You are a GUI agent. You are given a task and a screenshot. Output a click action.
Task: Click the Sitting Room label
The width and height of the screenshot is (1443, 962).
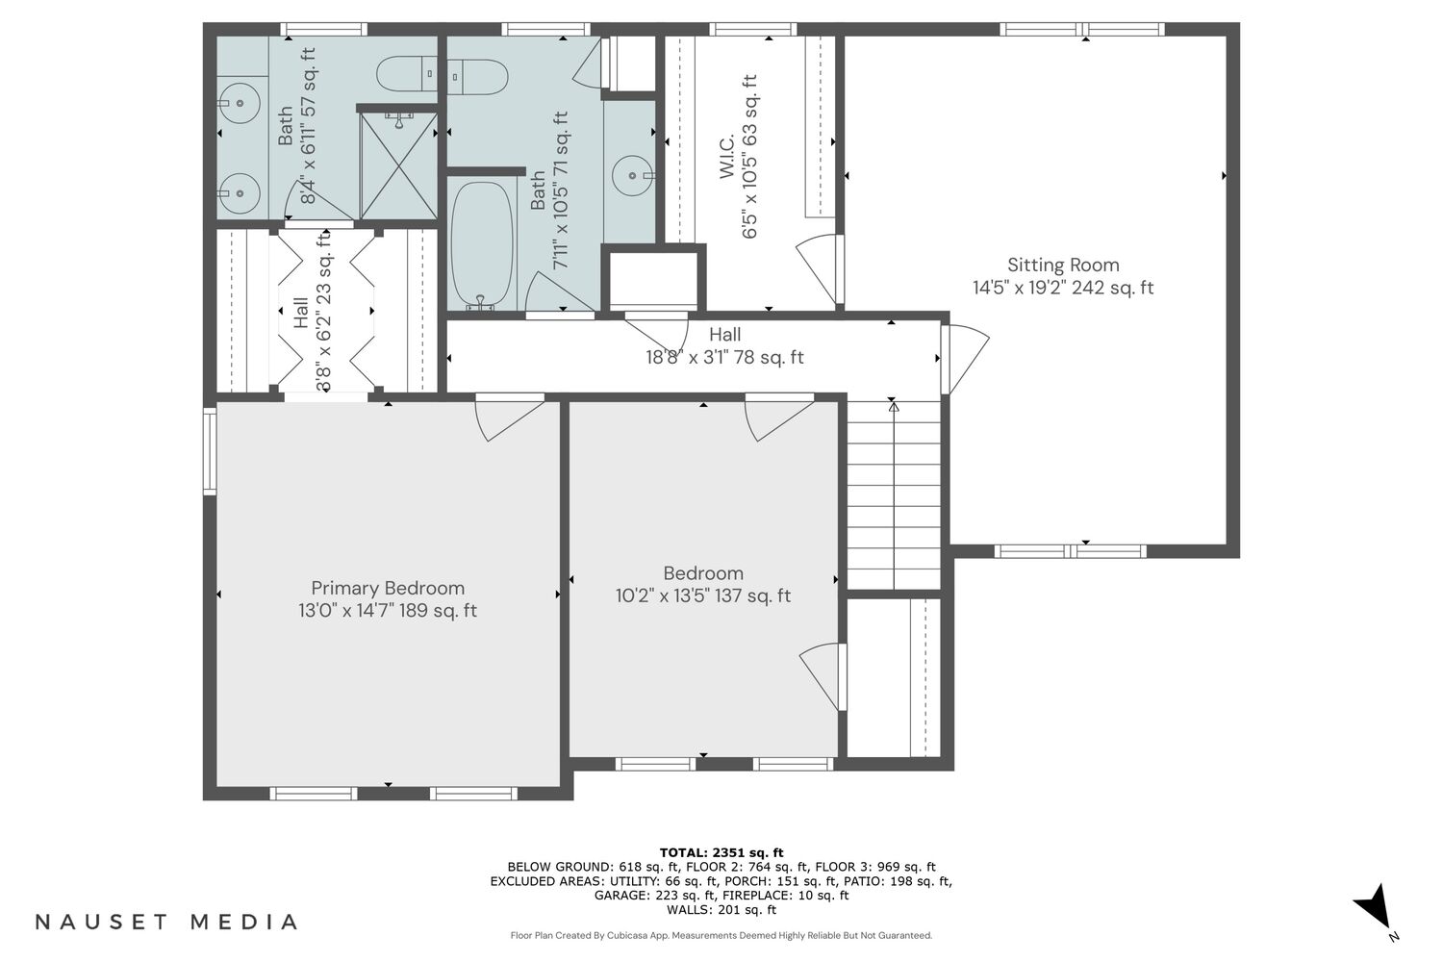coord(1063,265)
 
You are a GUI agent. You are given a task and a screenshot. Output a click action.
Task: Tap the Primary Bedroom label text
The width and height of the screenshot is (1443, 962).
coord(388,589)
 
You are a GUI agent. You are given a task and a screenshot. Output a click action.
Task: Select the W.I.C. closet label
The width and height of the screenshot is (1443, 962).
coord(726,157)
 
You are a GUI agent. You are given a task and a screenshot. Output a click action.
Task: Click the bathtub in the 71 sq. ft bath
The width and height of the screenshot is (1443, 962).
coord(481,243)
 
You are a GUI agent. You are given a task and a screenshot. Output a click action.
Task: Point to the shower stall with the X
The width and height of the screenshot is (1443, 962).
coord(399,165)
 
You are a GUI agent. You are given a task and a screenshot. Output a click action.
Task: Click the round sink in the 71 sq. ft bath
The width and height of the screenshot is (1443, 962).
coord(632,175)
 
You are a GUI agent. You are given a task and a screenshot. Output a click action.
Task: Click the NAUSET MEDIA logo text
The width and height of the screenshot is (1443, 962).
coord(166,922)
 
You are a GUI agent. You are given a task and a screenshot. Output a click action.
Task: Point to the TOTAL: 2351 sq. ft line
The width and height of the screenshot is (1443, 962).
coord(721,853)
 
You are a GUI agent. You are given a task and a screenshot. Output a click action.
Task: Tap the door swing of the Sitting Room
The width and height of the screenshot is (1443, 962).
coord(965,358)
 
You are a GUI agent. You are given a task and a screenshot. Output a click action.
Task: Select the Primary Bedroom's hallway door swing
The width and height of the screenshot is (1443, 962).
coord(510,418)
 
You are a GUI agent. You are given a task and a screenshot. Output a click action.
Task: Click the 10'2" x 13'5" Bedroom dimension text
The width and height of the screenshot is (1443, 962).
coord(703,596)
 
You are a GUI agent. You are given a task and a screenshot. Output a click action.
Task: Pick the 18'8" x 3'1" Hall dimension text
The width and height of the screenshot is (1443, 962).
coord(724,358)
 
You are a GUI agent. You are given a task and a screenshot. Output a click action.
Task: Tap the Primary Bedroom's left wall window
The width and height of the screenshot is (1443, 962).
coord(210,451)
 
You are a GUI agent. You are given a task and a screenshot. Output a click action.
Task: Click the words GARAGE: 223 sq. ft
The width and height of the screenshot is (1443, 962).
coord(654,896)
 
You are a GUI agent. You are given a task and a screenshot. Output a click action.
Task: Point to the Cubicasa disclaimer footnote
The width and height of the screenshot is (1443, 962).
coord(721,936)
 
